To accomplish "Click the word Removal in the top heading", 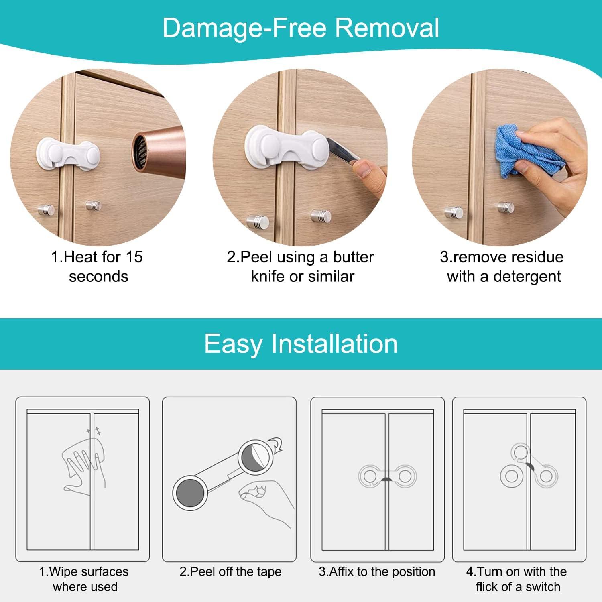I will (387, 28).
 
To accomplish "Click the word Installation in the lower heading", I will (334, 344).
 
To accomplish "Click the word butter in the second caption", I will (353, 257).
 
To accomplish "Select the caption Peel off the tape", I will (230, 571).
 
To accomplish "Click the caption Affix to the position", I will (377, 571).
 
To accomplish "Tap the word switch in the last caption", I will (543, 587).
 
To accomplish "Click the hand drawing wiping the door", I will (82, 466).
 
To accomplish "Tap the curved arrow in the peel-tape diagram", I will (277, 445).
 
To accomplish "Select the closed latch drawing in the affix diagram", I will (387, 477).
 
